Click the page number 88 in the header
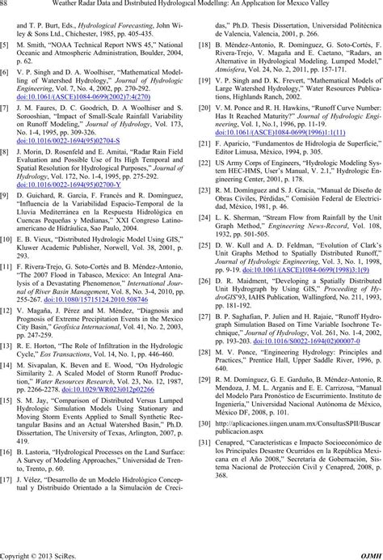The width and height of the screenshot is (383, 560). click(7, 7)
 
